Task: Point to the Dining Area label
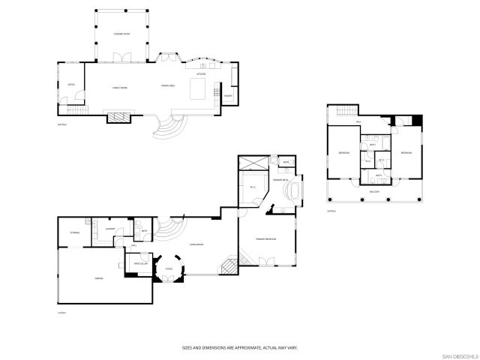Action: pos(169,88)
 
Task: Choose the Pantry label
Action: pos(228,96)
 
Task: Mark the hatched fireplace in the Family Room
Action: pos(119,117)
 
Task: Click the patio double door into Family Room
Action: pos(121,58)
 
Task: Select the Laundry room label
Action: pos(109,228)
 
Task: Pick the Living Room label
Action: pos(197,244)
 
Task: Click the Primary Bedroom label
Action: pos(266,238)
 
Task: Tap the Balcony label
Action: pos(373,192)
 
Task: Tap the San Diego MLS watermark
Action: pos(458,355)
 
